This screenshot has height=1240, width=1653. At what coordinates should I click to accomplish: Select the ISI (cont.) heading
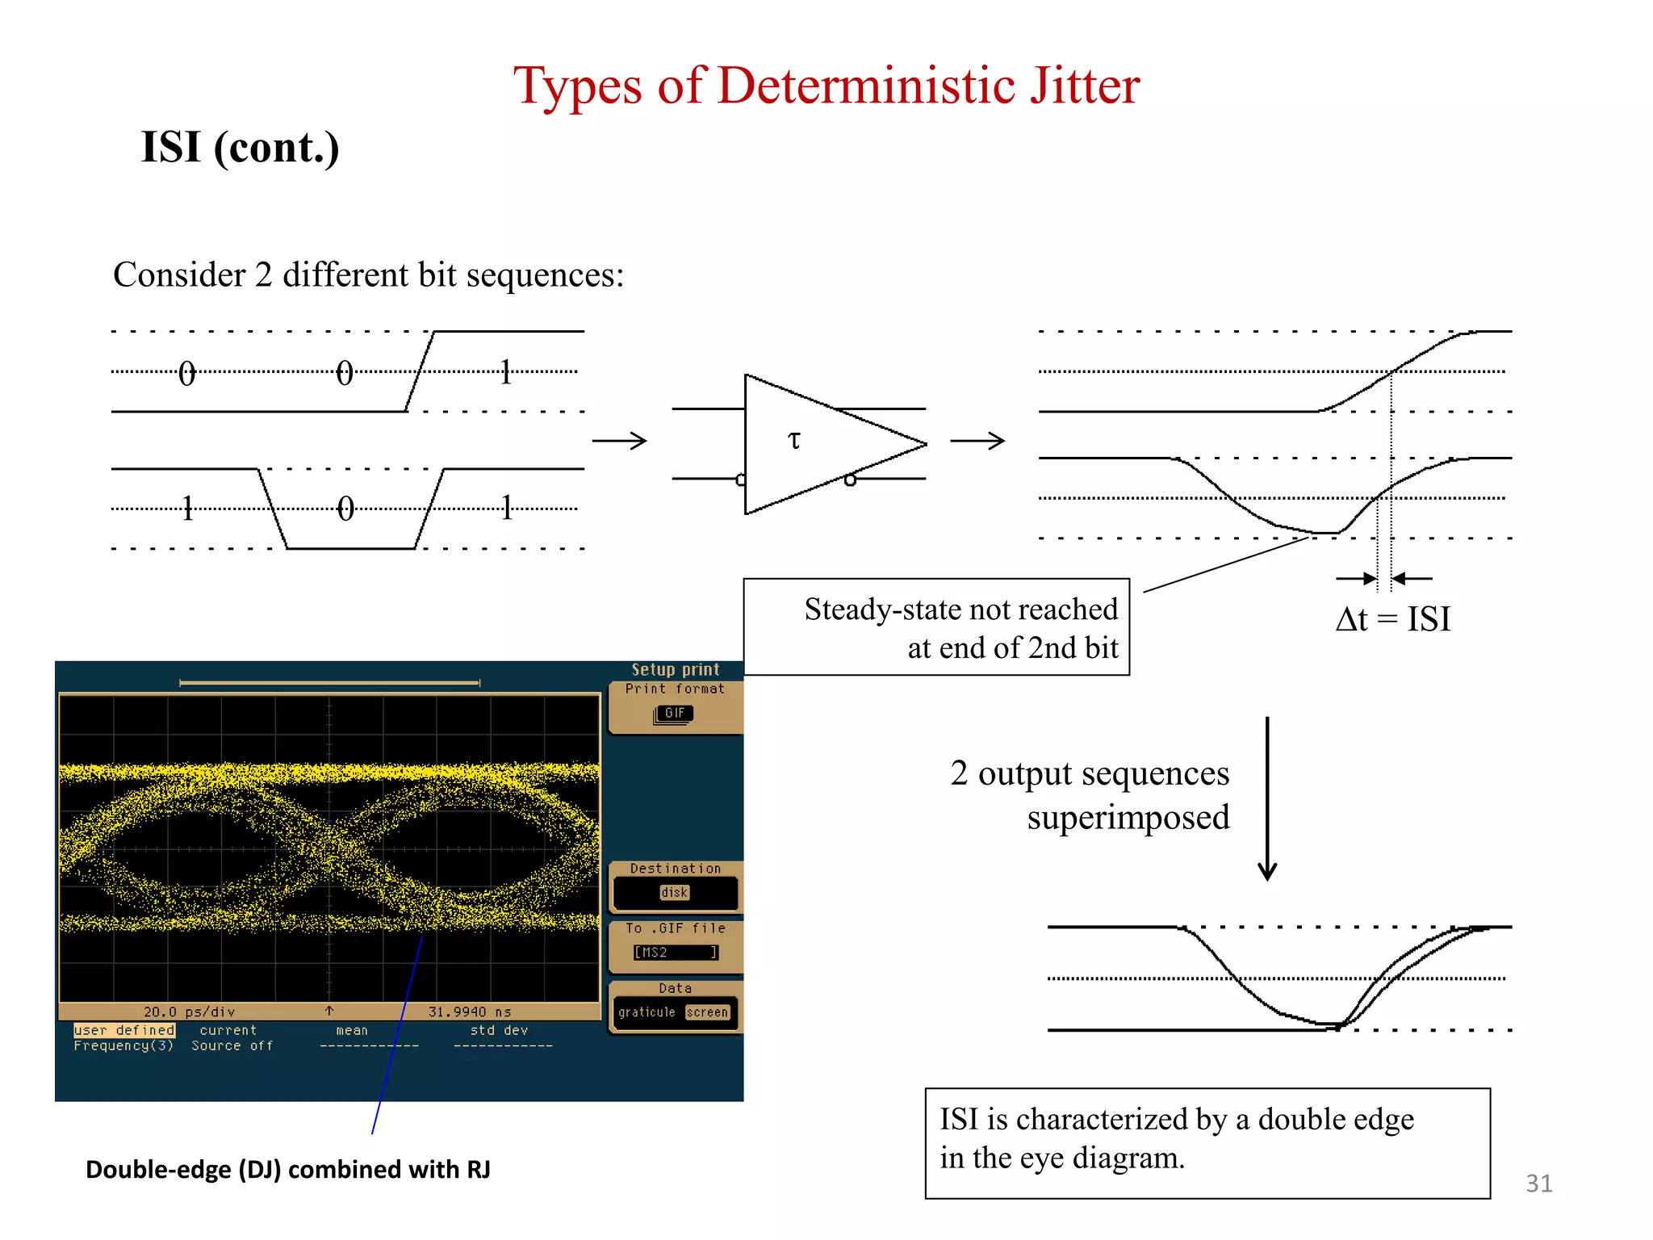[x=240, y=148]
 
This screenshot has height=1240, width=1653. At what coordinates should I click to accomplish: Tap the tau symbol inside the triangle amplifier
[x=794, y=440]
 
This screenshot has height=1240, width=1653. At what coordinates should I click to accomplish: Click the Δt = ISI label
[x=1393, y=619]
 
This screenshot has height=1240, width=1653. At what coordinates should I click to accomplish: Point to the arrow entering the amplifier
[x=619, y=441]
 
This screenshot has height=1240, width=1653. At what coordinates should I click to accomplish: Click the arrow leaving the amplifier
[x=977, y=441]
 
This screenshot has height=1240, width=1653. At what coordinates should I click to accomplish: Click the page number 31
[x=1538, y=1183]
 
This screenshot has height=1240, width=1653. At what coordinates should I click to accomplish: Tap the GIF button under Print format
[x=674, y=714]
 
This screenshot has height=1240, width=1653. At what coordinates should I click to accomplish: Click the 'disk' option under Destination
[x=675, y=893]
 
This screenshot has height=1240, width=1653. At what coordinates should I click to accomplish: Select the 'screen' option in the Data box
[x=707, y=1012]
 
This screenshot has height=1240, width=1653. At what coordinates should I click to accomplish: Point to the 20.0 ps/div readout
[x=189, y=1012]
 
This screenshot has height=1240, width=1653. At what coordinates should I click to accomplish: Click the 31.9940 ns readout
[x=469, y=1012]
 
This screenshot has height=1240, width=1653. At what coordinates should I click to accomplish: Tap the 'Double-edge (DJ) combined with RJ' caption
[x=288, y=1170]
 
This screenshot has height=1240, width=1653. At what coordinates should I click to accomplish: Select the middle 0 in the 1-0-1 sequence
[x=345, y=509]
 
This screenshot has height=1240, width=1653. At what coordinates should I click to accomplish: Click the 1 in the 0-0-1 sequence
[x=505, y=372]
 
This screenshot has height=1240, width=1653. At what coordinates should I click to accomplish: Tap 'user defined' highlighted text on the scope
[x=124, y=1030]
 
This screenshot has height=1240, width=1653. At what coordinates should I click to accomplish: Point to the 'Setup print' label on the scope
[x=675, y=669]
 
